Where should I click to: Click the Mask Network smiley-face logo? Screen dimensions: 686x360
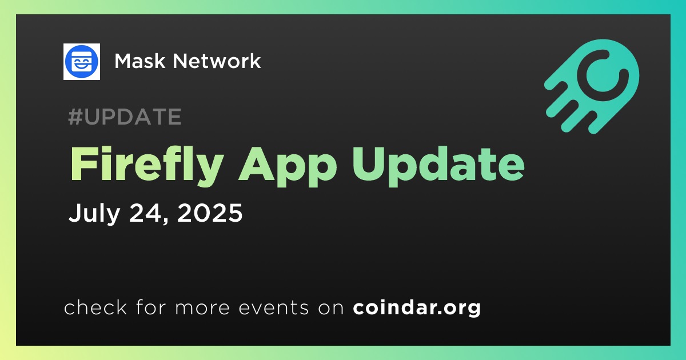coord(81,62)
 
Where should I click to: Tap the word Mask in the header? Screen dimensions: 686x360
coord(140,61)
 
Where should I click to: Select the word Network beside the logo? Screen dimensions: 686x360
coord(217,61)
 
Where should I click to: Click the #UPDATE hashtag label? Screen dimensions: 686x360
coord(125,117)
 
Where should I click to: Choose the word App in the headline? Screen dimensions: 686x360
coord(288,167)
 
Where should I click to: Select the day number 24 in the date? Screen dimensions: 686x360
coord(145,213)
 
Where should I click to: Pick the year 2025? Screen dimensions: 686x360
coord(210,213)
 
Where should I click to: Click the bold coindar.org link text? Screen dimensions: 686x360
coord(417,307)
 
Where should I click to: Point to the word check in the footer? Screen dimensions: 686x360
coord(95,307)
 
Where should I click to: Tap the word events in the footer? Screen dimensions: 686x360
coord(274,307)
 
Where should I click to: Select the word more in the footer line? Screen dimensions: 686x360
coord(202,308)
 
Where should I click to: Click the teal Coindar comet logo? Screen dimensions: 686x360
coord(592,86)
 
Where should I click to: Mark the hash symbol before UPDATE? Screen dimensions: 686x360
coord(75,117)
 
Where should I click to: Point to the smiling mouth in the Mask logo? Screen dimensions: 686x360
coord(81,66)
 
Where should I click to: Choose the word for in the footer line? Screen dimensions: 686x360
coord(151,307)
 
